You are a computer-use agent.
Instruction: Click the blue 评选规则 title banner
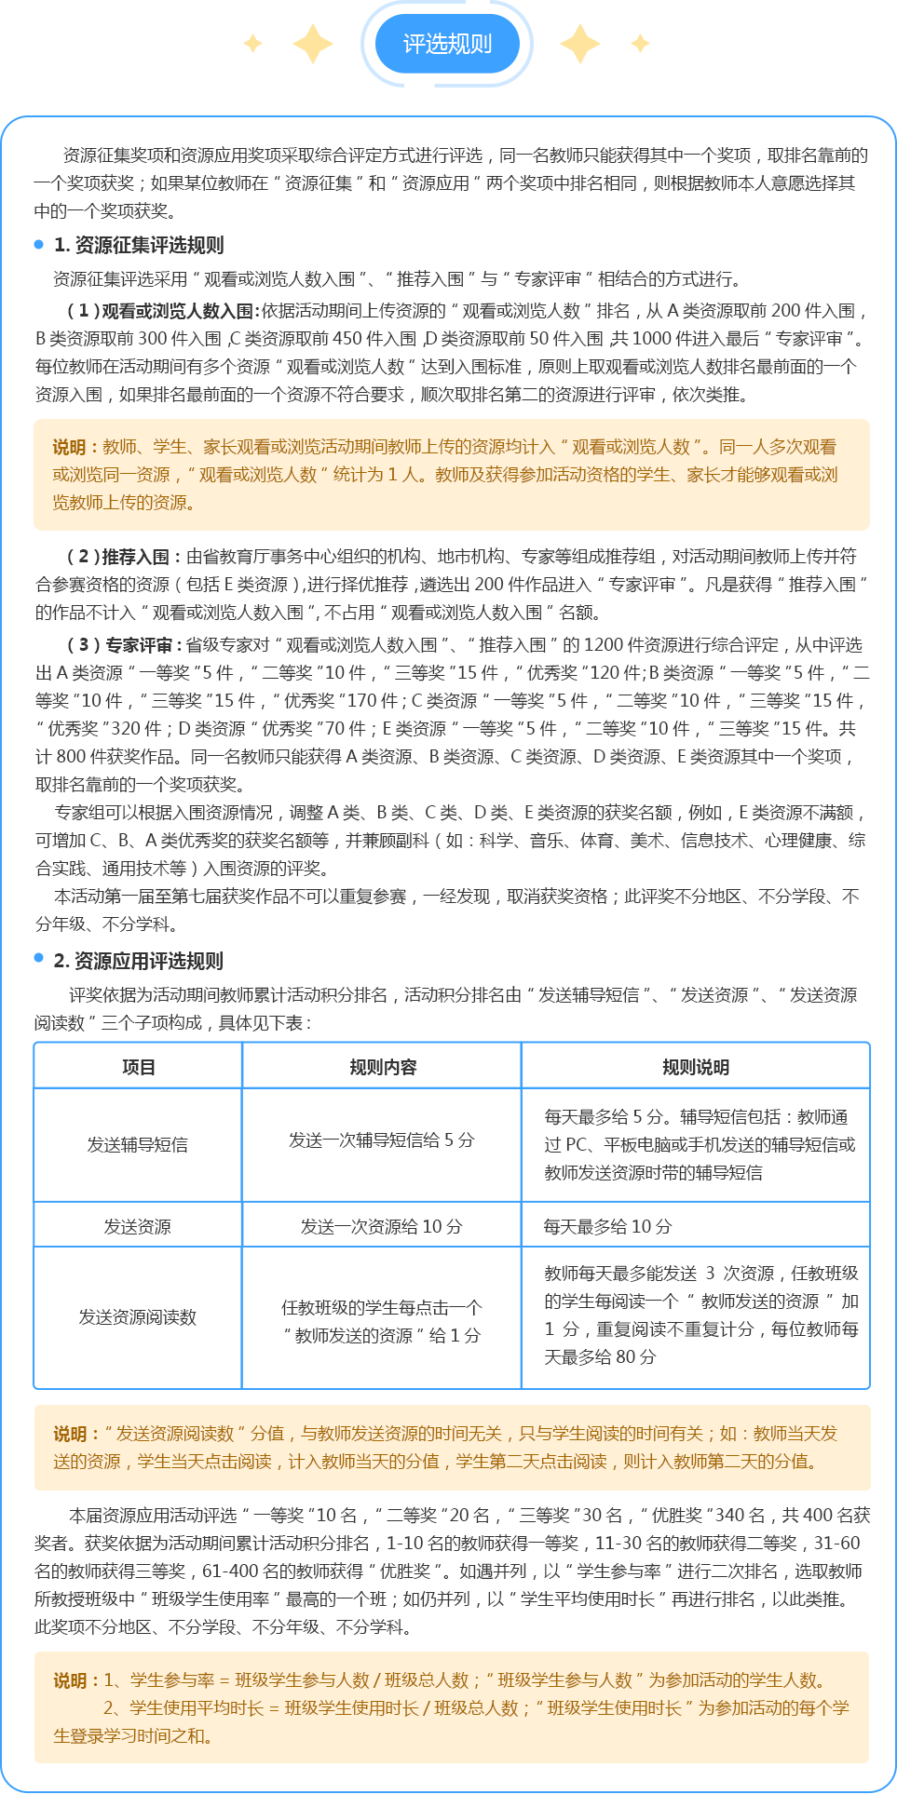point(447,44)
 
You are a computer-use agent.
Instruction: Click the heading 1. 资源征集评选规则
point(138,245)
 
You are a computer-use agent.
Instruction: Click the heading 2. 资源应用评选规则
point(138,961)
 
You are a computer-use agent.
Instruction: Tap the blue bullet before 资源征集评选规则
point(38,245)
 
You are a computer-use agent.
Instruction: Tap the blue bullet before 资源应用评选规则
point(38,958)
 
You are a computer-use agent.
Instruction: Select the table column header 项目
point(138,1067)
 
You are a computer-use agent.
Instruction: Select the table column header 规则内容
point(382,1067)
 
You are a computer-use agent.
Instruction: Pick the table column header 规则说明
point(695,1067)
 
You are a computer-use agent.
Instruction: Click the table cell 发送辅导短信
point(138,1144)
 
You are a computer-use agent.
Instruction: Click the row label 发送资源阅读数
point(138,1316)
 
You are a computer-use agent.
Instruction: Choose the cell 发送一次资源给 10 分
point(381,1226)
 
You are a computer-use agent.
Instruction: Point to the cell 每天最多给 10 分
point(607,1226)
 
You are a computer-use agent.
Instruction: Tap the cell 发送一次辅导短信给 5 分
point(381,1140)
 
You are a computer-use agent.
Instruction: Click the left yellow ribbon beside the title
point(288,44)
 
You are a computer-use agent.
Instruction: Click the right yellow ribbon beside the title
point(605,44)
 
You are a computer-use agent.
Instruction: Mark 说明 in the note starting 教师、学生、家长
point(70,447)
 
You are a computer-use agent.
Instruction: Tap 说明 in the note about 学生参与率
point(70,1680)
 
